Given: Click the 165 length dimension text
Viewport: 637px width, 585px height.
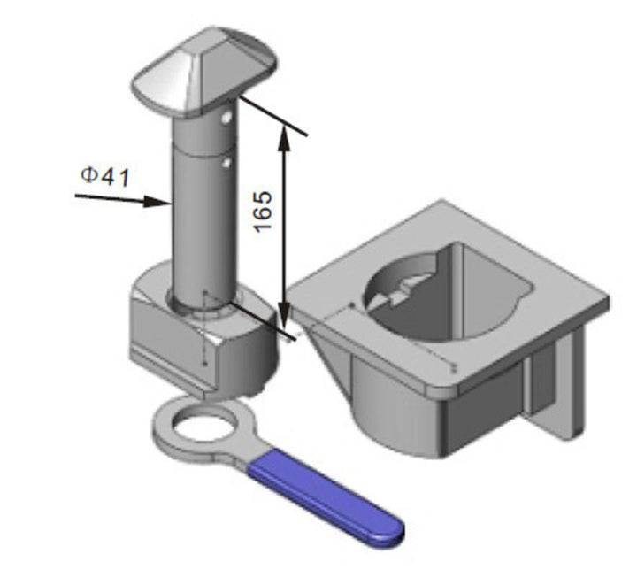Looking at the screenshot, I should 263,212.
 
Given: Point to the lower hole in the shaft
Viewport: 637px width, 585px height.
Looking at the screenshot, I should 226,162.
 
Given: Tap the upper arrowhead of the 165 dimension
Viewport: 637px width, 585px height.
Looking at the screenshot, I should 283,133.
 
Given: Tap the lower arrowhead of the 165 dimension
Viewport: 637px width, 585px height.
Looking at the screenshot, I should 283,319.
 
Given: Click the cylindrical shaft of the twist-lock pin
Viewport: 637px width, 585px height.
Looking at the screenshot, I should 202,212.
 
